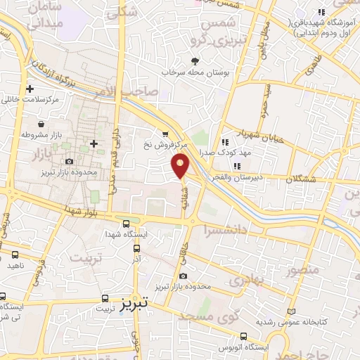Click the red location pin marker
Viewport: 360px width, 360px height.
(x=181, y=165)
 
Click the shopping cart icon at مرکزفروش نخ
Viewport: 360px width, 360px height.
(x=165, y=134)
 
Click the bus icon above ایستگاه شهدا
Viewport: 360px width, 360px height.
(x=125, y=224)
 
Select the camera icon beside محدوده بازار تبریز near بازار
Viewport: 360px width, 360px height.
(x=69, y=162)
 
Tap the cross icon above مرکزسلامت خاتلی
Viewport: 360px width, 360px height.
(x=30, y=89)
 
